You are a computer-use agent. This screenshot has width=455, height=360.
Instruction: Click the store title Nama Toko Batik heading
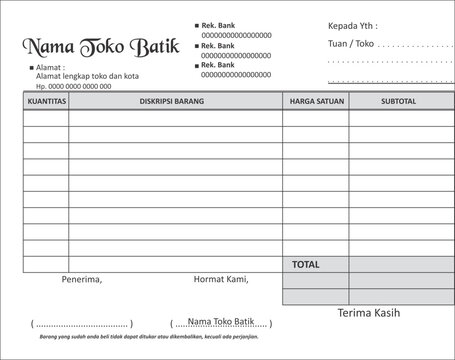pos(92,47)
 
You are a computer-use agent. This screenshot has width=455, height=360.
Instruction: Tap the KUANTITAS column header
pos(46,101)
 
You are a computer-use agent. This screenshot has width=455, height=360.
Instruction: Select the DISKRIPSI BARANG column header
pos(175,101)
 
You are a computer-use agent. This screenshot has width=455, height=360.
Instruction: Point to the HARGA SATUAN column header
pos(315,101)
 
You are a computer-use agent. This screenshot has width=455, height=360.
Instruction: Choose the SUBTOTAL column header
pos(397,101)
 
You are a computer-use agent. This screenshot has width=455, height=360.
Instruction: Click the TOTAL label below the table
pos(305,264)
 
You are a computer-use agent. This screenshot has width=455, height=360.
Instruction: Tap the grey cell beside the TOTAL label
pos(397,264)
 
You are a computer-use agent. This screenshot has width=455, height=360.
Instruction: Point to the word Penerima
pos(82,279)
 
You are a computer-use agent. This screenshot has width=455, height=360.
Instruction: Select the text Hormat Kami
pos(220,279)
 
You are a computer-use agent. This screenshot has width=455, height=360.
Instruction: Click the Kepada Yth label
pos(352,25)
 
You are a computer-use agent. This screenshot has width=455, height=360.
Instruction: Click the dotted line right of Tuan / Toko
pos(415,46)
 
